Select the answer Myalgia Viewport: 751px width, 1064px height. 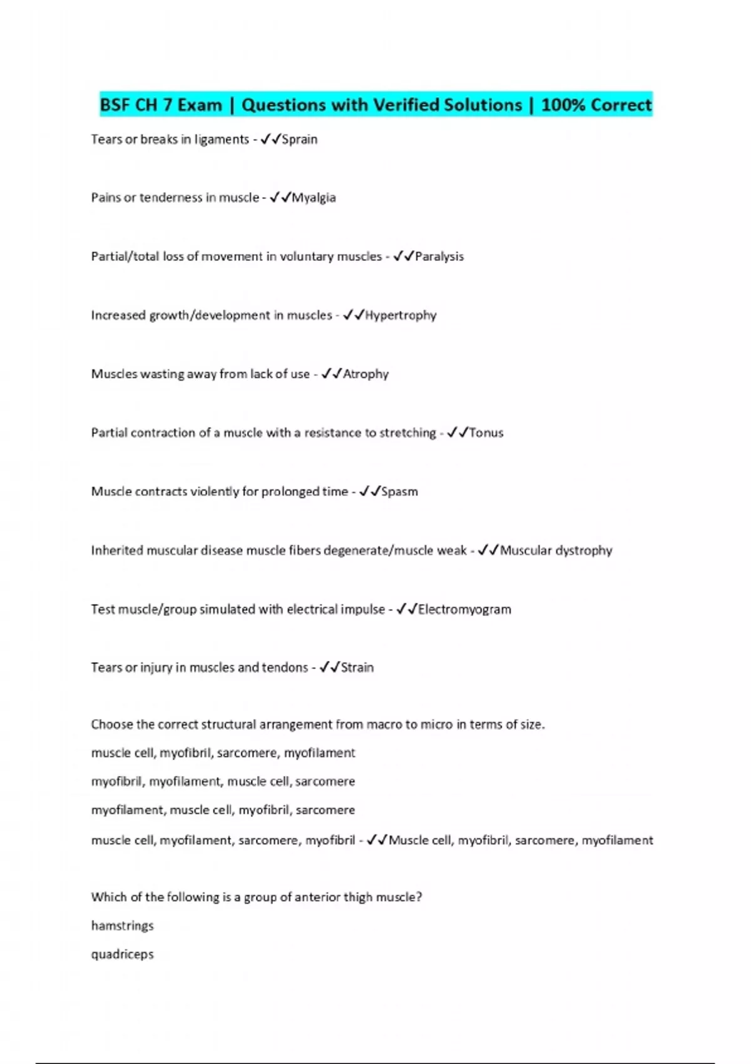pyautogui.click(x=314, y=198)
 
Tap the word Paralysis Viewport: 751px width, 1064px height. pyautogui.click(x=439, y=257)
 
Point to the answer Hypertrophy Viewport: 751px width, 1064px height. pyautogui.click(x=401, y=315)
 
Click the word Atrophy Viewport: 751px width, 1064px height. pyautogui.click(x=365, y=374)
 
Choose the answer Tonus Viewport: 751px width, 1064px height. pyautogui.click(x=486, y=433)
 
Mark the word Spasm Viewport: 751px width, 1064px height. pyautogui.click(x=399, y=492)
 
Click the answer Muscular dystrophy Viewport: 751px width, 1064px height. pyautogui.click(x=556, y=551)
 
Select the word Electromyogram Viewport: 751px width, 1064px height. pyautogui.click(x=464, y=610)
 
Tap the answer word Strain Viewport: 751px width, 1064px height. pyautogui.click(x=357, y=668)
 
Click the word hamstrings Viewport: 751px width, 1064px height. pyautogui.click(x=123, y=926)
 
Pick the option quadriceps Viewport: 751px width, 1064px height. pyautogui.click(x=123, y=954)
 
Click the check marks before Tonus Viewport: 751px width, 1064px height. pyautogui.click(x=457, y=432)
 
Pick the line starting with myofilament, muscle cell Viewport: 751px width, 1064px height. pyautogui.click(x=223, y=811)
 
